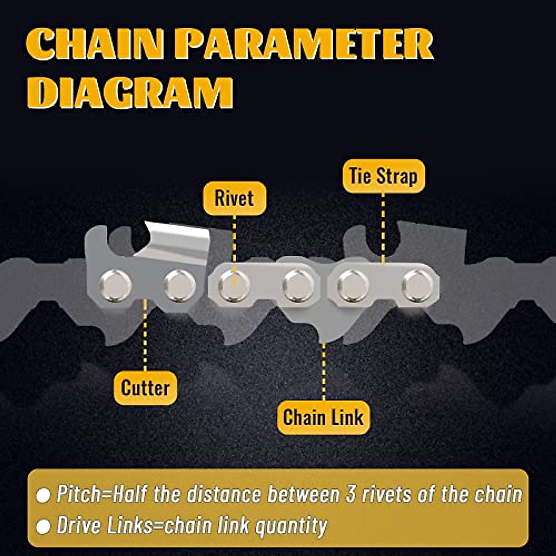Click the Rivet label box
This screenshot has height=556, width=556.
tap(234, 198)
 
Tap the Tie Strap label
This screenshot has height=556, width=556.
tap(383, 176)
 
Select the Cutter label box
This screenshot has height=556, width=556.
tap(145, 388)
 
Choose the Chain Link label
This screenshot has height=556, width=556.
tap(323, 417)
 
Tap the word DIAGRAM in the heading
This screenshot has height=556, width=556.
tap(130, 93)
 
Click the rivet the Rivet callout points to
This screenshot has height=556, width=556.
tap(234, 285)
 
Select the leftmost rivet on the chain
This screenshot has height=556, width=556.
tap(115, 285)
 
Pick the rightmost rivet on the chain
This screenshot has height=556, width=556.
tap(417, 285)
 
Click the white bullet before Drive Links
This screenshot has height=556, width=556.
tap(43, 527)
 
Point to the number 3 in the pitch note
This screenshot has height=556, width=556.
tap(351, 495)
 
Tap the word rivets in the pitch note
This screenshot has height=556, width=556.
tap(387, 495)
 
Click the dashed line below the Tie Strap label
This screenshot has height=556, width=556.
tap(383, 227)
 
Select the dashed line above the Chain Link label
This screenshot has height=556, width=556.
tap(323, 371)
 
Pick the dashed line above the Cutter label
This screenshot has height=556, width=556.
tap(145, 334)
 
